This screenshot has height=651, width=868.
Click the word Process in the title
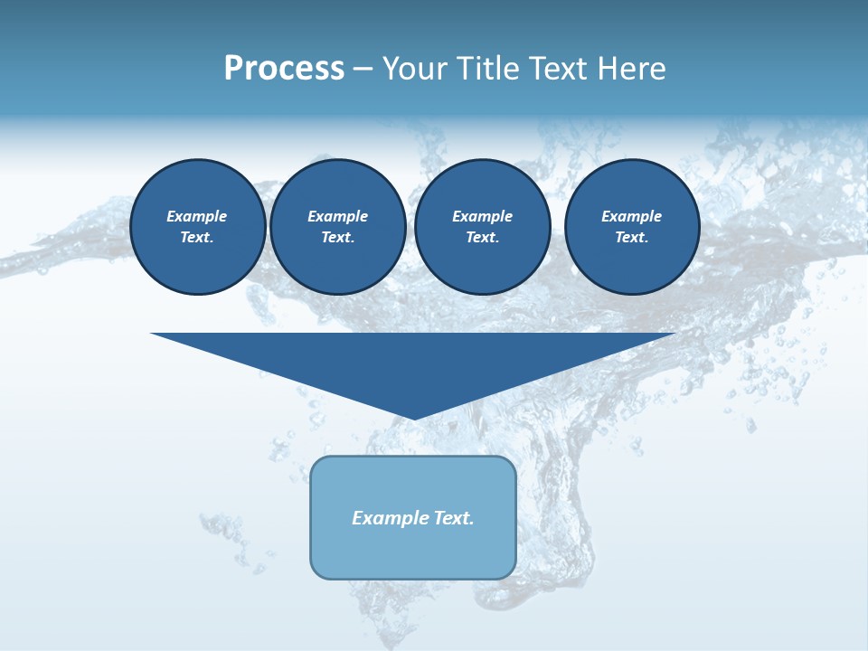point(284,69)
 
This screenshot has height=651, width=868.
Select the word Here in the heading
point(631,69)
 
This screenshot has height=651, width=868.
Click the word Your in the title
point(415,69)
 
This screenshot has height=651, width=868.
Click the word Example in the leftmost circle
point(197,216)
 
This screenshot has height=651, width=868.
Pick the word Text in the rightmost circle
point(630,237)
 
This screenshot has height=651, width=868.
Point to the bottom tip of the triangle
point(414,417)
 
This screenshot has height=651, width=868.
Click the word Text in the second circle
point(336,237)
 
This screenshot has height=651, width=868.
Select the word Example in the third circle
point(483,216)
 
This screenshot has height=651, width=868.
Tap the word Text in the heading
point(561,69)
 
